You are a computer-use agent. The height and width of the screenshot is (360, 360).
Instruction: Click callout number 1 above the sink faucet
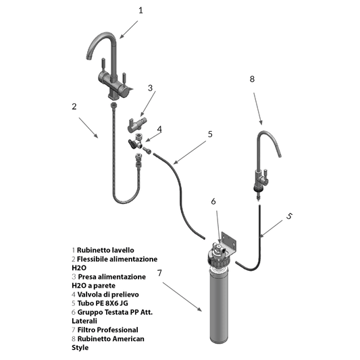point(140,11)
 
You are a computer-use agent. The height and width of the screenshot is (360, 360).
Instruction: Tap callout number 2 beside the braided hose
point(74,107)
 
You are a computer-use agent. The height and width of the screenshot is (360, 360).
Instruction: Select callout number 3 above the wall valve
point(150,88)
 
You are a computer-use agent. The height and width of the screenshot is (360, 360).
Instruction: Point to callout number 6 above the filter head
point(213,201)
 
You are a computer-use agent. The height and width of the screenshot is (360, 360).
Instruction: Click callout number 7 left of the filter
point(159,273)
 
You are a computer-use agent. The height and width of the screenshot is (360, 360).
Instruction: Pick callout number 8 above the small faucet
point(252,79)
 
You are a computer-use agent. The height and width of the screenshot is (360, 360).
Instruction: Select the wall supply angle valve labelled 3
point(137,124)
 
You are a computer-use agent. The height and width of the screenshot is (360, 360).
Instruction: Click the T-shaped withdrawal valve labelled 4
point(136,143)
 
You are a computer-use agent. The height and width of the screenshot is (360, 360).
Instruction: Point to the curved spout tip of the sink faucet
point(88,57)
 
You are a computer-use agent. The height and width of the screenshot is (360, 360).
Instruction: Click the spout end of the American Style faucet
point(280,155)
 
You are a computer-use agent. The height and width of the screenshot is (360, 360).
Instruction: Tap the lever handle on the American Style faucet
point(265,174)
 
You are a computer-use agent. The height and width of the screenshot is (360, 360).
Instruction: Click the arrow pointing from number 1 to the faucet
point(128,30)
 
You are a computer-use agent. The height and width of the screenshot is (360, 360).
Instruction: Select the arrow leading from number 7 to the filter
point(182,297)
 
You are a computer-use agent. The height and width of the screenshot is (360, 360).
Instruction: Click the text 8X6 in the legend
point(112,303)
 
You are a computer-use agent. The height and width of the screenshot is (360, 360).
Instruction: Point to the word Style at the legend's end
point(80,348)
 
